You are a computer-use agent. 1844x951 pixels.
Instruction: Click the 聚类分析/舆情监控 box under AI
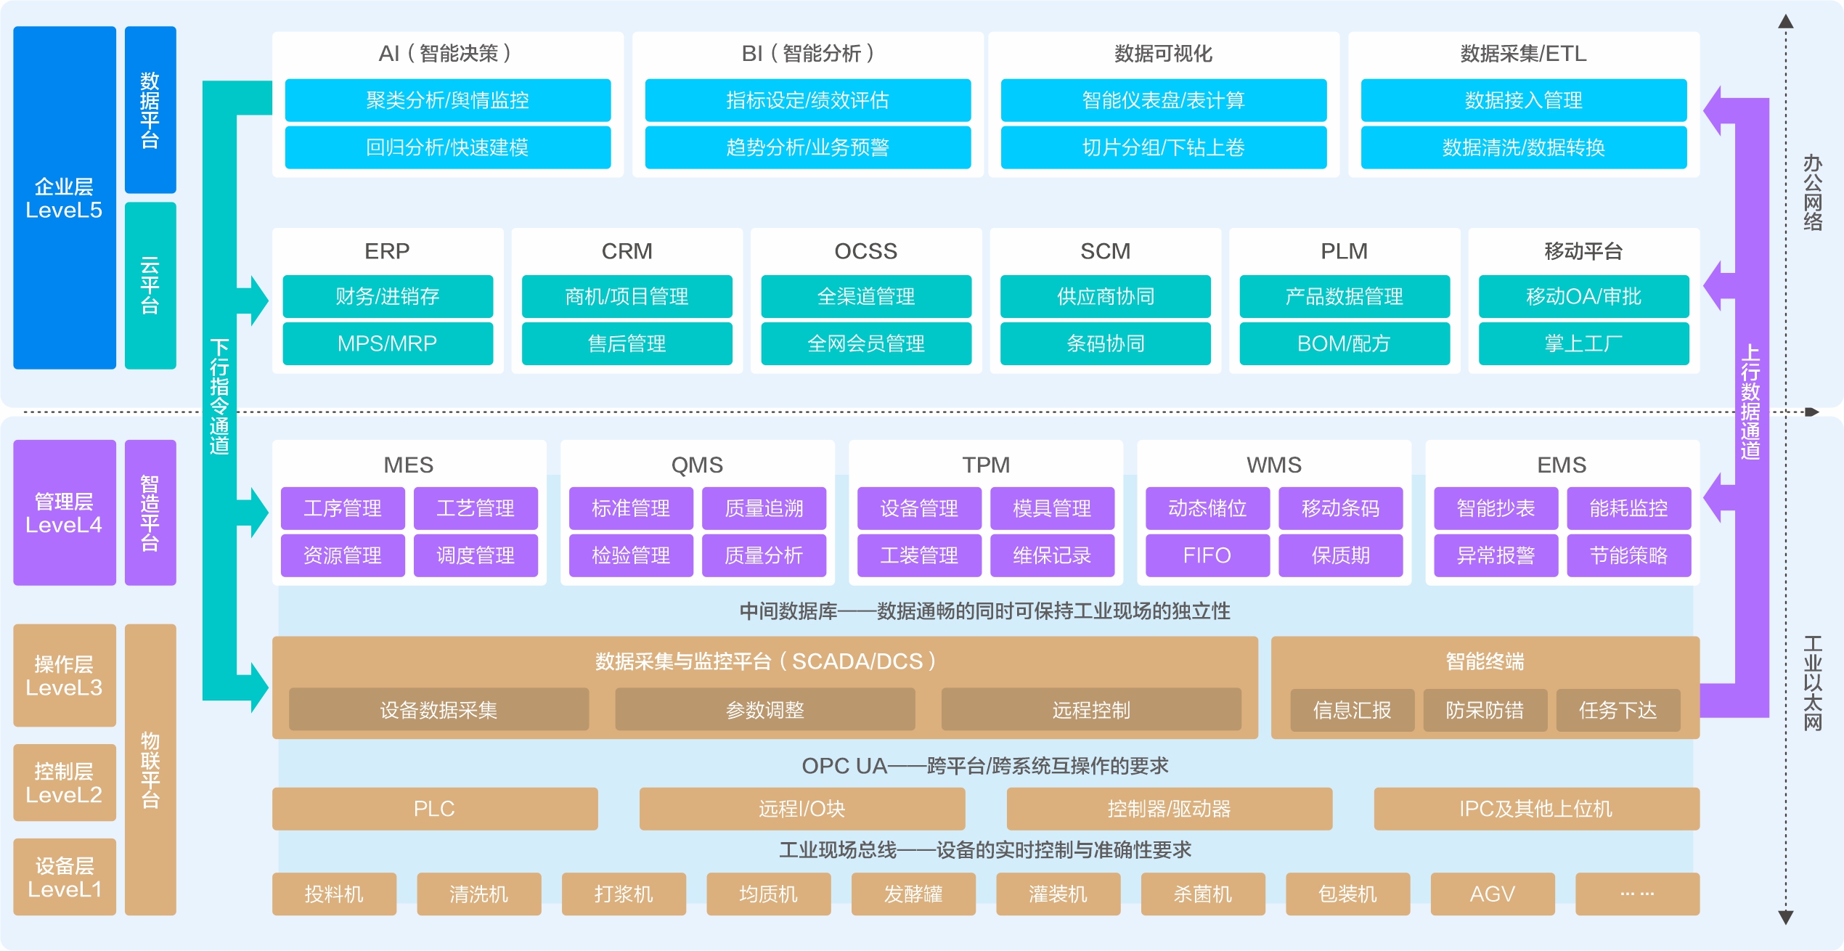tap(447, 100)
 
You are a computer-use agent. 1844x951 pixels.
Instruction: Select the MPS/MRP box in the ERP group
tap(387, 343)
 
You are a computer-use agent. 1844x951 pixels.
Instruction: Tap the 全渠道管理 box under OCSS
tap(865, 296)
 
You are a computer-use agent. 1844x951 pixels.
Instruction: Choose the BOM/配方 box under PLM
tap(1344, 343)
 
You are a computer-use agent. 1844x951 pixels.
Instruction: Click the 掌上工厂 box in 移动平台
tap(1583, 343)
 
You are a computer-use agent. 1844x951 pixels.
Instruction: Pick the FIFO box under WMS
tap(1207, 555)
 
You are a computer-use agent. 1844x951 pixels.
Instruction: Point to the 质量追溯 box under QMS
tap(764, 508)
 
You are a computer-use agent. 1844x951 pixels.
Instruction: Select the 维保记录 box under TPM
tap(1052, 555)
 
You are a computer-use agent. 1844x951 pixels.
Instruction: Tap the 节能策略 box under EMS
tap(1628, 555)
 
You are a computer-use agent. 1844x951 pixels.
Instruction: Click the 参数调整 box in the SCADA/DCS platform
tap(764, 709)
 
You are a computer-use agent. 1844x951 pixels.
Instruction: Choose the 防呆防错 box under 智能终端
tap(1485, 709)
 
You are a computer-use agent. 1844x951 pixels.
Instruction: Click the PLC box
tap(434, 809)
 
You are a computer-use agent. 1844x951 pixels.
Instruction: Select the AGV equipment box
tap(1492, 894)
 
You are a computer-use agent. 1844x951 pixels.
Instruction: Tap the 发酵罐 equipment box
tap(913, 894)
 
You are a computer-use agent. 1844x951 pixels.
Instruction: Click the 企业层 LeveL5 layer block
tap(64, 197)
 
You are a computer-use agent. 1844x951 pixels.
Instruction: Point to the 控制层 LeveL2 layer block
tap(64, 783)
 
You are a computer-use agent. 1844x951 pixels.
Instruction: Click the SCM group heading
tap(1105, 251)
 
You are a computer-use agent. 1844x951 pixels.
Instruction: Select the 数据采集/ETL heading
tap(1523, 54)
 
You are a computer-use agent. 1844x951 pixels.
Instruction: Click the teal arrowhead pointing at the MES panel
tap(258, 512)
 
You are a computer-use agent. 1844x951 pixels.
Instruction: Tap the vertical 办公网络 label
tap(1813, 192)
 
